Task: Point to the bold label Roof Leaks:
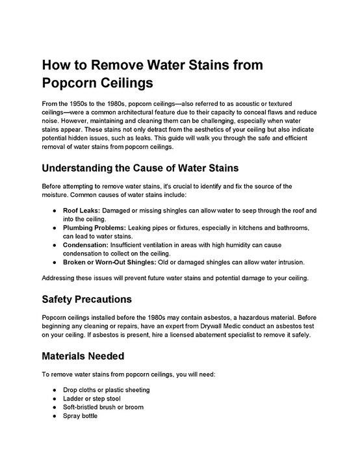[81, 211]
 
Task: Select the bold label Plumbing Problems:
[94, 228]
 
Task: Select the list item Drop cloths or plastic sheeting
[106, 390]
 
